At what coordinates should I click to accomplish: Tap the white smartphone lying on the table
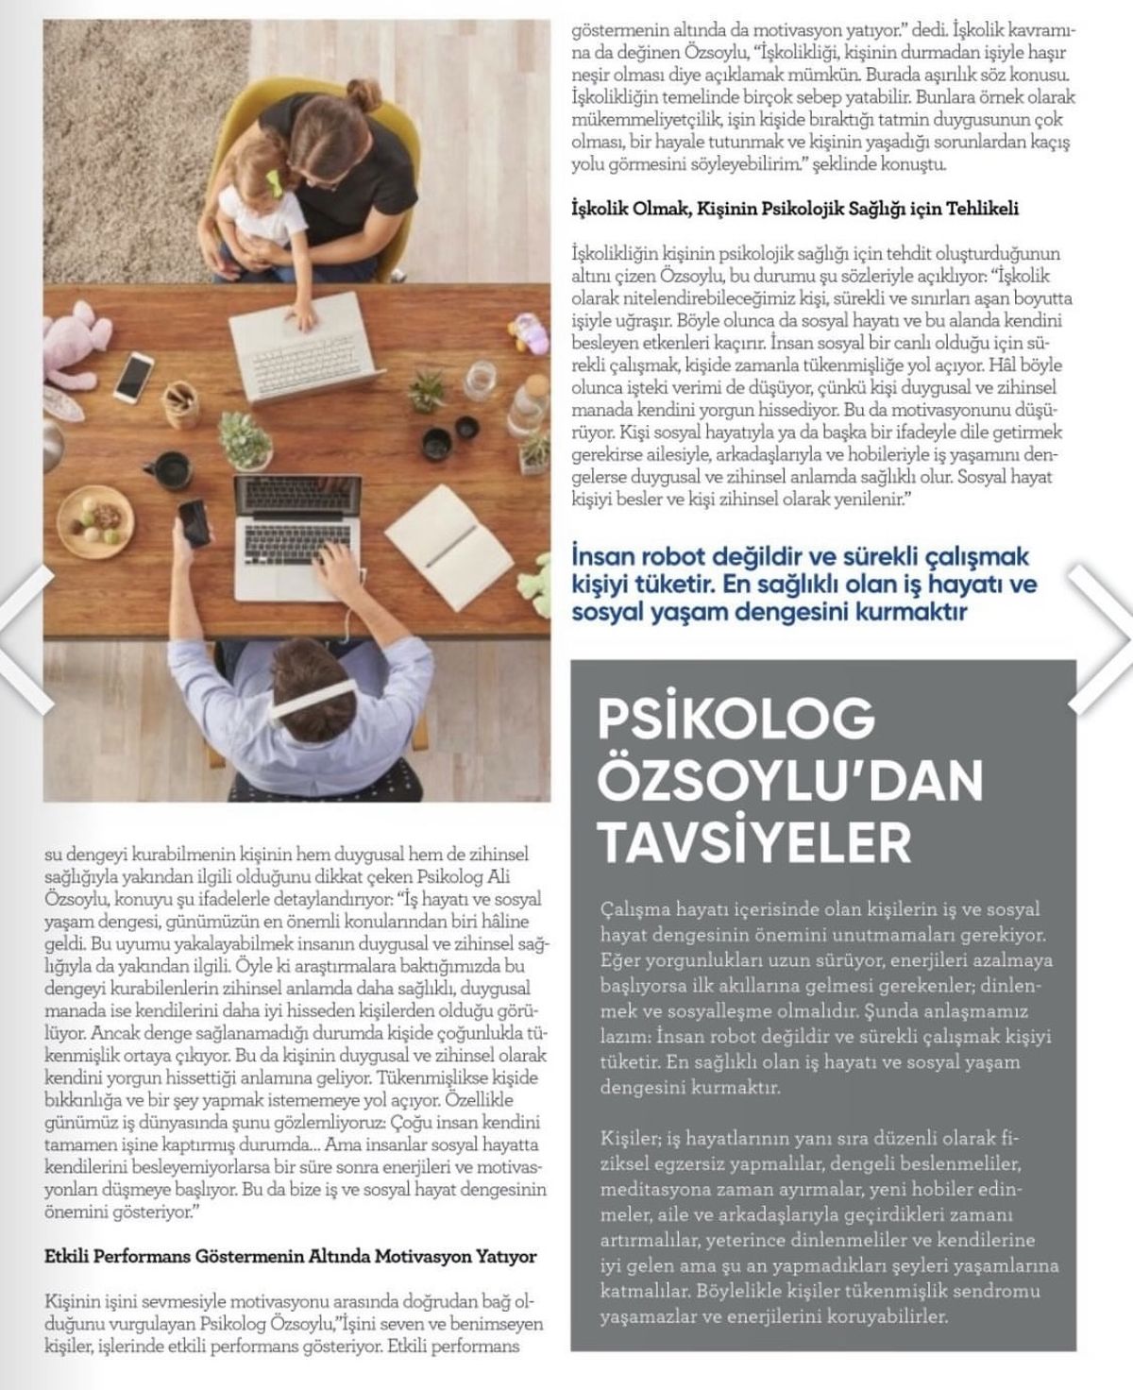[x=134, y=375]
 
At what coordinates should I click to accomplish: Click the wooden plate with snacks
[x=94, y=513]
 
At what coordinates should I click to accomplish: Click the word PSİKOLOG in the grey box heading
[x=736, y=720]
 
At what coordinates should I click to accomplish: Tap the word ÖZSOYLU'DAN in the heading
[x=790, y=780]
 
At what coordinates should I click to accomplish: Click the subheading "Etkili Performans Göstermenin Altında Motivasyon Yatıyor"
[x=290, y=1257]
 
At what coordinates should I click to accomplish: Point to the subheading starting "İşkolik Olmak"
[x=795, y=208]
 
